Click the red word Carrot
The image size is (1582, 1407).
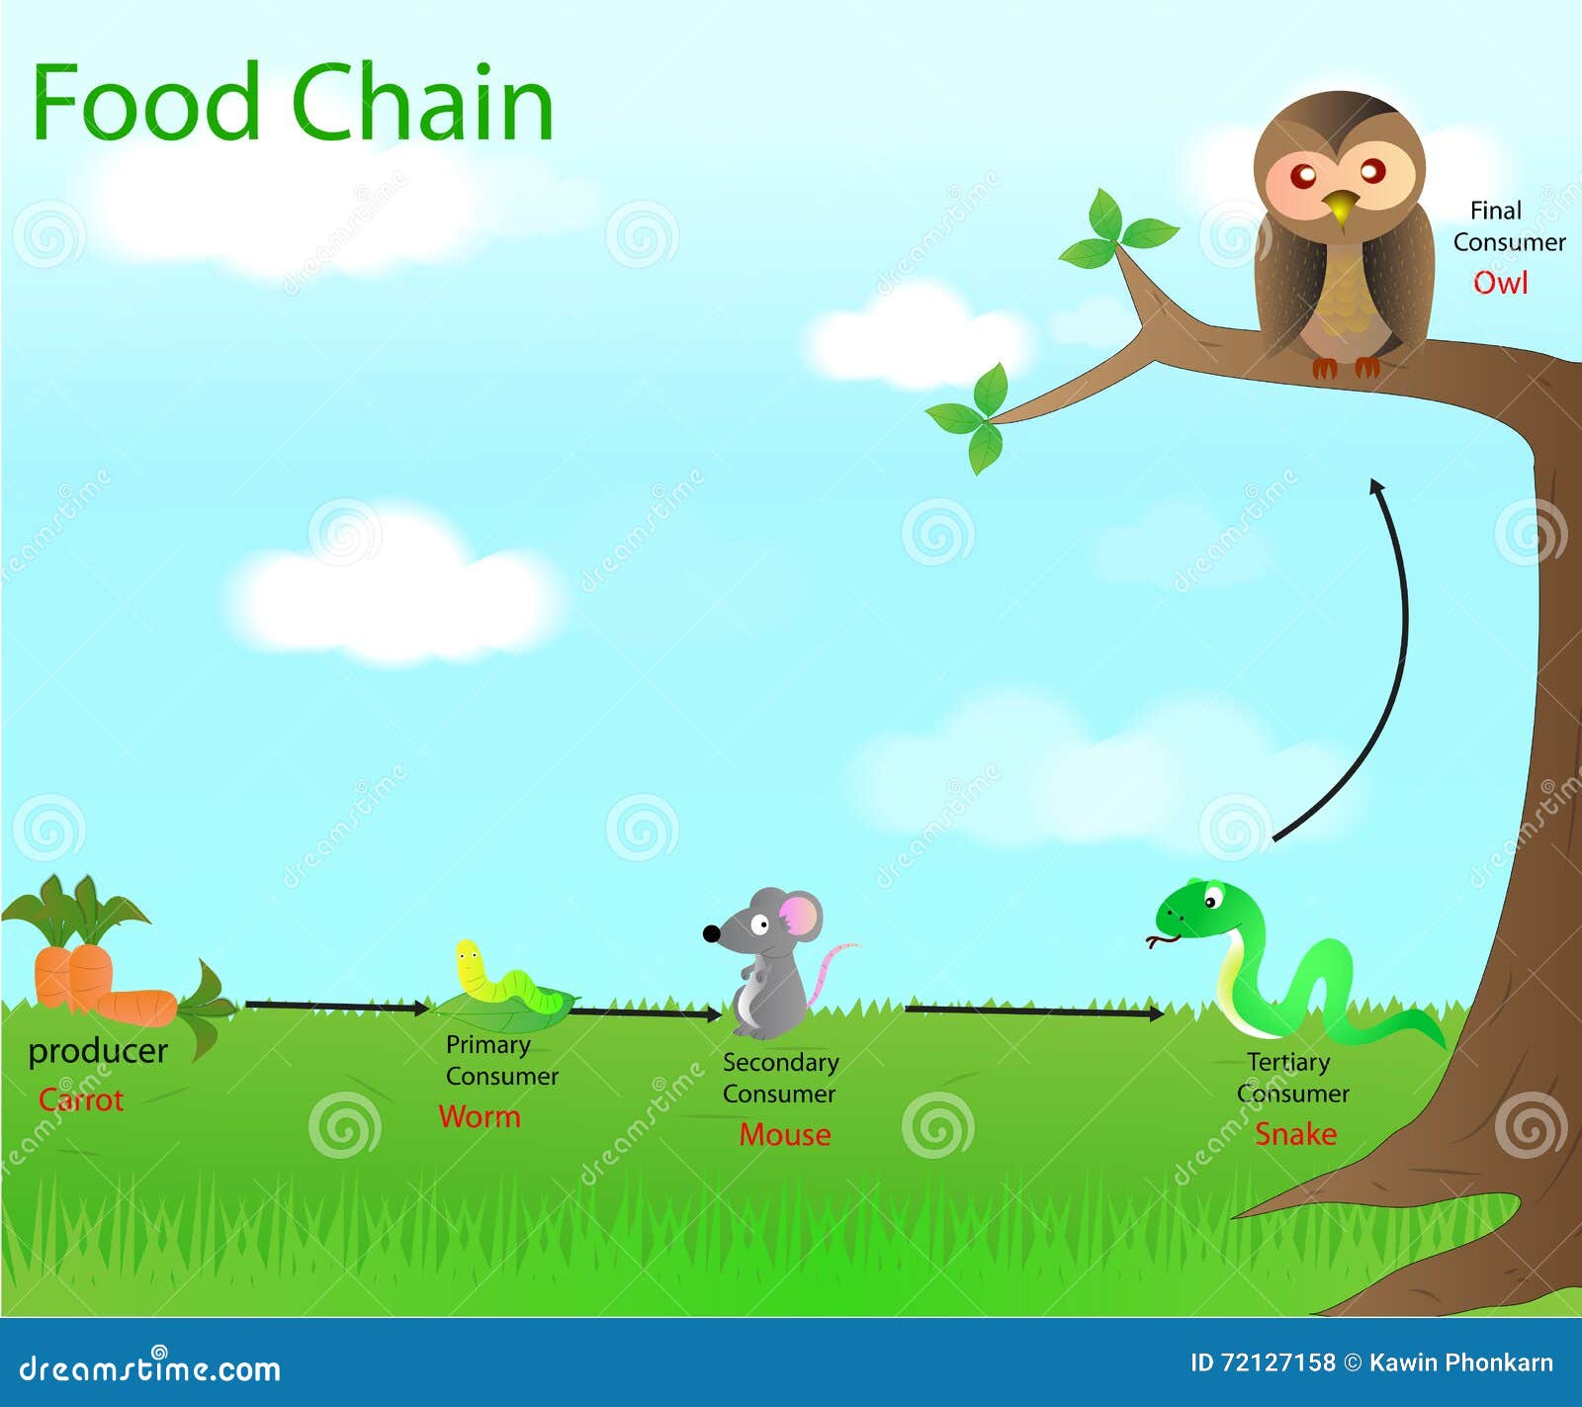(x=81, y=1099)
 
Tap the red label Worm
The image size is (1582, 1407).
(x=480, y=1116)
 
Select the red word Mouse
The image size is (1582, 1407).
(x=785, y=1134)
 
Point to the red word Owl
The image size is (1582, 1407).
(x=1500, y=283)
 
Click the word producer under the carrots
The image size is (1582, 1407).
(x=98, y=1051)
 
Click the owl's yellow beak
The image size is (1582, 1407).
(x=1340, y=209)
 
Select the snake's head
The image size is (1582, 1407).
(x=1196, y=910)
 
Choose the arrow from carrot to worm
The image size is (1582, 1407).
(x=336, y=1007)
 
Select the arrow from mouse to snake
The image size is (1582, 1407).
(x=1033, y=1011)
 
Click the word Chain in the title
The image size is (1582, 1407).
(x=422, y=104)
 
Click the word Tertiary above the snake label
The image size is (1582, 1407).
(x=1288, y=1062)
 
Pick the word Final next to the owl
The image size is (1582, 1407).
(x=1495, y=211)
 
